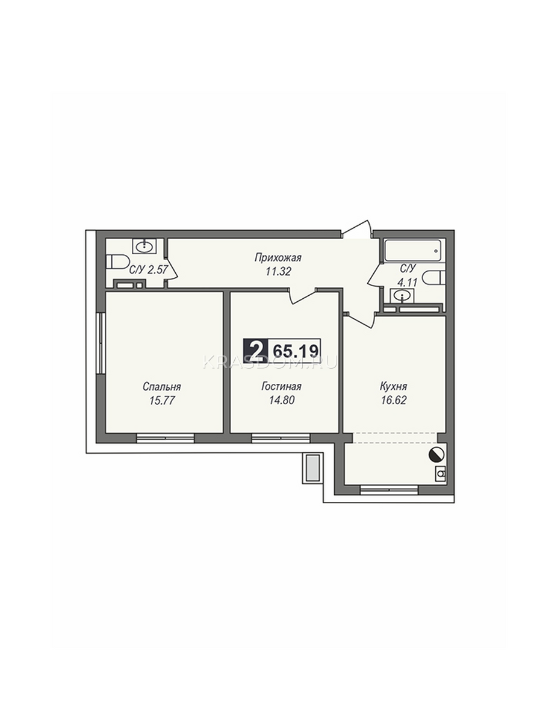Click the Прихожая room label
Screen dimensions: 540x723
(278, 258)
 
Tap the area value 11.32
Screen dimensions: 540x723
(278, 272)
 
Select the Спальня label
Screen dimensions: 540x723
(161, 387)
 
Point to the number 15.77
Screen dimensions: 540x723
(162, 401)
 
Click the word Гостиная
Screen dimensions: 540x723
(281, 386)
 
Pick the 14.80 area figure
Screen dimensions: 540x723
(282, 400)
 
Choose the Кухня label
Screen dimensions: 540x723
(394, 386)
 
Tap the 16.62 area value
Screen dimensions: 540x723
(394, 400)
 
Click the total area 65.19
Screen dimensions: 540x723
(294, 351)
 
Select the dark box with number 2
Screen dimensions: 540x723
(256, 351)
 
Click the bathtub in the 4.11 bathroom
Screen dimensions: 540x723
(413, 251)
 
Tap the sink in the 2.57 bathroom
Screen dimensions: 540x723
(144, 246)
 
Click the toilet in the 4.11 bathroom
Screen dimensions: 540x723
(434, 280)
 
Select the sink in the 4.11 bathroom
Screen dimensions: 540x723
(403, 296)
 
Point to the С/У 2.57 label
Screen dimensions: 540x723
(149, 269)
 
